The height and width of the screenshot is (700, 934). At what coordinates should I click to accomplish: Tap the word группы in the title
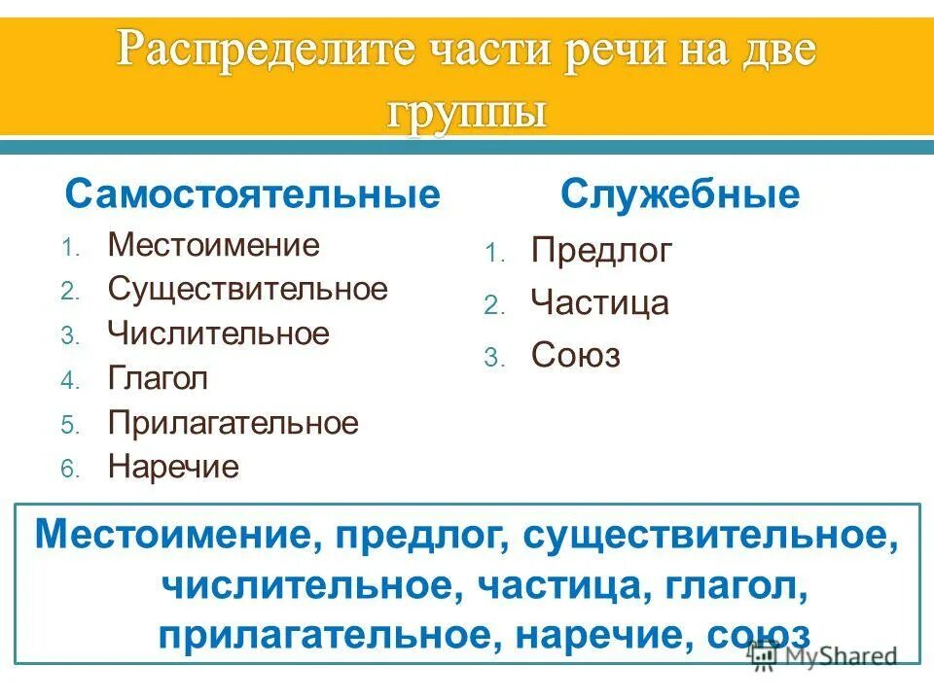tap(466, 111)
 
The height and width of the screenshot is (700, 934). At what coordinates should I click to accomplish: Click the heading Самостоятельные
tap(252, 194)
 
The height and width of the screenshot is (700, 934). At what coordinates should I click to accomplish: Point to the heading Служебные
tap(679, 194)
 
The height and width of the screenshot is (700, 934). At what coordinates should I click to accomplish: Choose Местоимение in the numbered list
tap(213, 244)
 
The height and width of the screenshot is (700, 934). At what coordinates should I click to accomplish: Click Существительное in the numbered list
tap(247, 289)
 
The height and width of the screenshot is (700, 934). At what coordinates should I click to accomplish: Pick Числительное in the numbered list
tap(219, 333)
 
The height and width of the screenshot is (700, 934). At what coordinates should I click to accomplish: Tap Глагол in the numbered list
tap(158, 378)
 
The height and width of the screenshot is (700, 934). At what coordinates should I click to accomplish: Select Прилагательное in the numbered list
tap(233, 423)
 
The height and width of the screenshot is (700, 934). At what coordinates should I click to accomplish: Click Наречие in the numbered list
tap(173, 468)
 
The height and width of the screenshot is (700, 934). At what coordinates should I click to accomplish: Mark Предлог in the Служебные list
tap(601, 252)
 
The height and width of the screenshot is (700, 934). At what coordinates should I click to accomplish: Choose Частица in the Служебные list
tap(599, 303)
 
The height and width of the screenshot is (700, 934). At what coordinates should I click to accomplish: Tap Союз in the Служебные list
tap(575, 356)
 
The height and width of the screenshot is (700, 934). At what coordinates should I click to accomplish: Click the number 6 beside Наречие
tap(68, 470)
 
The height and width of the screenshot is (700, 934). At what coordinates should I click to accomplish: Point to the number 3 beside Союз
tap(491, 358)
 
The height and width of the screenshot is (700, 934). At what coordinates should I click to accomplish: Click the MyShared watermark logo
tap(822, 655)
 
